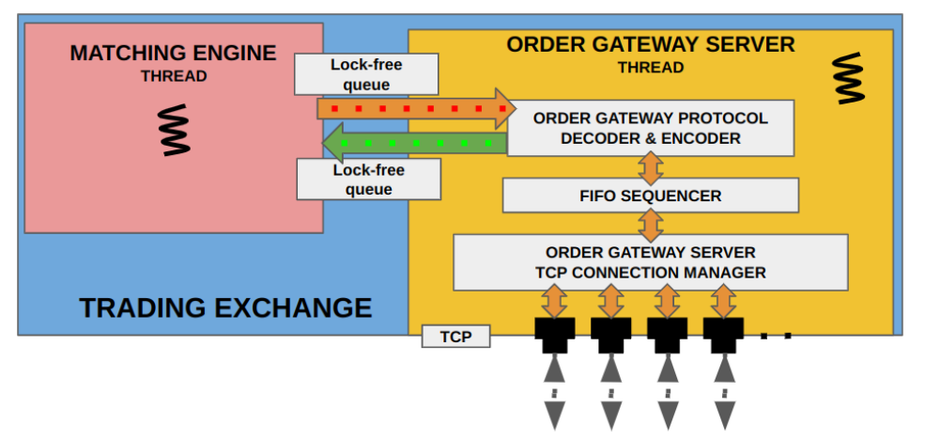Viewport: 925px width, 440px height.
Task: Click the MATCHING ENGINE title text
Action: click(173, 54)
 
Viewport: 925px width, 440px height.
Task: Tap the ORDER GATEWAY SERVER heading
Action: click(651, 45)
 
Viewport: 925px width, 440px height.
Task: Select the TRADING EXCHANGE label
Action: click(226, 307)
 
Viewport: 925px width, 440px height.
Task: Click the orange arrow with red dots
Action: click(417, 109)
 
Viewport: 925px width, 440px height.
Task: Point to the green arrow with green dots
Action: click(414, 143)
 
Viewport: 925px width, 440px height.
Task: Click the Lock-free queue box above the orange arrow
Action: click(366, 74)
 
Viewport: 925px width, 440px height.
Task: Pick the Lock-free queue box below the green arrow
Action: click(369, 180)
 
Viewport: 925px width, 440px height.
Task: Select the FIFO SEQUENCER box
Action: click(650, 196)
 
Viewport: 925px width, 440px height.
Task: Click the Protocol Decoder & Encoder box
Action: click(650, 128)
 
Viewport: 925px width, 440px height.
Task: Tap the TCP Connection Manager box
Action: click(650, 262)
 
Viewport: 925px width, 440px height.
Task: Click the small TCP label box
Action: click(456, 337)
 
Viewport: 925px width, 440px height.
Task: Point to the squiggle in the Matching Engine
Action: click(176, 130)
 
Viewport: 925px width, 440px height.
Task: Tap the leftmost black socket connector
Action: click(554, 335)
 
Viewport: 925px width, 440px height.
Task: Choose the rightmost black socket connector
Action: click(723, 335)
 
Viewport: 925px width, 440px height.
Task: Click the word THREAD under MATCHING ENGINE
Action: click(174, 76)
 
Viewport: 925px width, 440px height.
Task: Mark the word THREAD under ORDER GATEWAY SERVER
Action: click(651, 68)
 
